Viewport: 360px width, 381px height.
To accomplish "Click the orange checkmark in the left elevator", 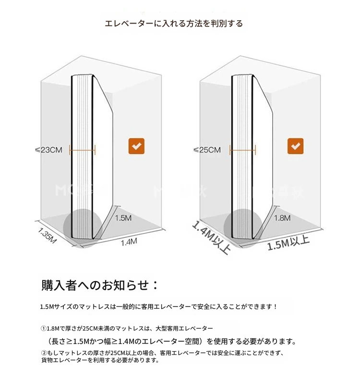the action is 136,146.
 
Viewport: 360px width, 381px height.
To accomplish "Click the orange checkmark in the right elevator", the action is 295,146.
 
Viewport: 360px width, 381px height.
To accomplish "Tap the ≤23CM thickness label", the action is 48,150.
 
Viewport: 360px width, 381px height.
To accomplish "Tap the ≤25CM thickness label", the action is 207,150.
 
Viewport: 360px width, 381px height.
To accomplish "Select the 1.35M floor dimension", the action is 47,235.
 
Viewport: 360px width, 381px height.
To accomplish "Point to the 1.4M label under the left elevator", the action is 129,242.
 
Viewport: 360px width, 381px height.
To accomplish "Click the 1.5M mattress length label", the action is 123,218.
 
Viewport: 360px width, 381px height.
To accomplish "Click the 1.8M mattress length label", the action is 282,218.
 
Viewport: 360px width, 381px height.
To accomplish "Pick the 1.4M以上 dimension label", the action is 211,237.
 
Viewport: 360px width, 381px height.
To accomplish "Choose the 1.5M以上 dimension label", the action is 288,243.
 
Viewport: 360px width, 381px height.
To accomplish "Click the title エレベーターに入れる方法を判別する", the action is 174,24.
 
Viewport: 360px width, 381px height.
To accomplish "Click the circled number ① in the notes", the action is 44,329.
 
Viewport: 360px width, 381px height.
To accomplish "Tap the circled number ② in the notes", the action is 44,353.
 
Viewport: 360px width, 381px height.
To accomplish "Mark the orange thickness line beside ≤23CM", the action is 82,150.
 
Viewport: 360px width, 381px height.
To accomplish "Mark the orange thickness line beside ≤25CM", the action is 242,150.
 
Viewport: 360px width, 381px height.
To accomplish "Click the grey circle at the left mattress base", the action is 83,228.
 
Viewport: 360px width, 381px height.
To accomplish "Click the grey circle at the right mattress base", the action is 243,228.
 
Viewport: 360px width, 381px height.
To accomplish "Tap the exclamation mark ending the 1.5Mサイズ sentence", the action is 275,307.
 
